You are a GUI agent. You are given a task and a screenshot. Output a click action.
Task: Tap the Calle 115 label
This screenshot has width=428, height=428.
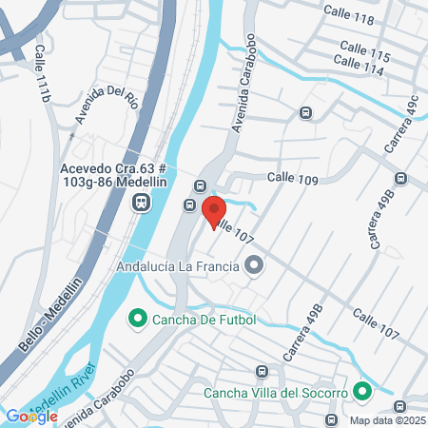[x=367, y=55]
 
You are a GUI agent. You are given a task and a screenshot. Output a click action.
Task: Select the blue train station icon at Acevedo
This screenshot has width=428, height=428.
[x=140, y=202]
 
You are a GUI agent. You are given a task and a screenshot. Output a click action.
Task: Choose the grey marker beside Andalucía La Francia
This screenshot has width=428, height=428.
[x=253, y=266]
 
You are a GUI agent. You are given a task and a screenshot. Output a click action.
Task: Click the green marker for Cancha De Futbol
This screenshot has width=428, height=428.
[x=137, y=317]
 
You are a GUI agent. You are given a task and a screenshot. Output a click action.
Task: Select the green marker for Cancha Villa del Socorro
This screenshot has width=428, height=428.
[x=361, y=391]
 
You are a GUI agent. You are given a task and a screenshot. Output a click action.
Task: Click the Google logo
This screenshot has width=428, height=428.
[x=31, y=416]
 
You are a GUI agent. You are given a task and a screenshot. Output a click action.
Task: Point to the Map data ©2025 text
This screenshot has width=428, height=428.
[x=384, y=420]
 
